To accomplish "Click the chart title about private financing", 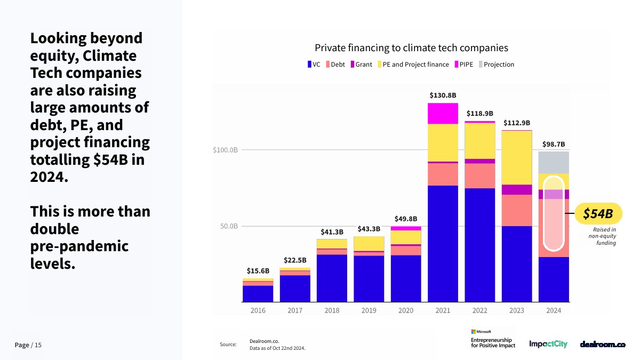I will pyautogui.click(x=411, y=48).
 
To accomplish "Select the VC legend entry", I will pyautogui.click(x=314, y=65).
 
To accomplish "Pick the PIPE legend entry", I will pyautogui.click(x=463, y=65).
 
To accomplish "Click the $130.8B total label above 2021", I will pyautogui.click(x=443, y=95).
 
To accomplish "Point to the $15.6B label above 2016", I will pyautogui.click(x=258, y=271).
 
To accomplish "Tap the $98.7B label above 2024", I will pyautogui.click(x=554, y=144).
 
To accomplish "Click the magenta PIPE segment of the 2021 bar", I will pyautogui.click(x=443, y=113).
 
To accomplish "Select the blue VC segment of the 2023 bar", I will pyautogui.click(x=517, y=264).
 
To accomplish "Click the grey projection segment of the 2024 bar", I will pyautogui.click(x=554, y=162).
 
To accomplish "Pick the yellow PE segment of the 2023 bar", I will pyautogui.click(x=517, y=157).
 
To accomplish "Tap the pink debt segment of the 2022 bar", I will pyautogui.click(x=479, y=175).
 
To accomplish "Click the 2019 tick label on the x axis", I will pyautogui.click(x=369, y=310).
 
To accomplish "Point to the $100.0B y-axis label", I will pyautogui.click(x=225, y=150).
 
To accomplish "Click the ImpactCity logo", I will pyautogui.click(x=548, y=344).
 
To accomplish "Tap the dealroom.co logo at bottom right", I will pyautogui.click(x=602, y=345).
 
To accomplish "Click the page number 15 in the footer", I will pyautogui.click(x=38, y=345).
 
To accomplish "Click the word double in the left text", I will pyautogui.click(x=54, y=229).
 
